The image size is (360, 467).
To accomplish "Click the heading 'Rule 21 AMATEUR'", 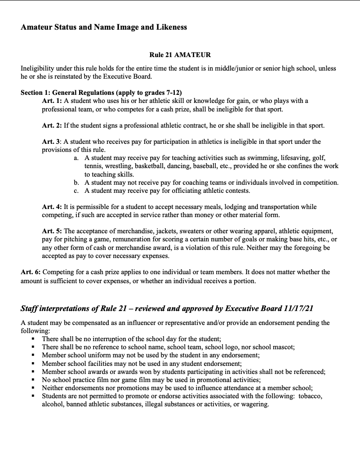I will pyautogui.click(x=180, y=55).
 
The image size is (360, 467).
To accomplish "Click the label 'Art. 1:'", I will pyautogui.click(x=53, y=101).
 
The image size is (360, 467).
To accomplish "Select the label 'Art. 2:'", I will pyautogui.click(x=53, y=125).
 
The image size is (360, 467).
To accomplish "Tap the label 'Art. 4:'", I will pyautogui.click(x=53, y=207).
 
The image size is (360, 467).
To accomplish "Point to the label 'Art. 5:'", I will pyautogui.click(x=53, y=231).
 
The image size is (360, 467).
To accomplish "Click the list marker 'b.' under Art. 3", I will pyautogui.click(x=77, y=182).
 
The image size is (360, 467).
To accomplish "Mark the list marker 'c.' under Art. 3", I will pyautogui.click(x=77, y=191).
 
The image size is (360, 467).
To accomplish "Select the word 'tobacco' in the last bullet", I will pyautogui.click(x=310, y=396).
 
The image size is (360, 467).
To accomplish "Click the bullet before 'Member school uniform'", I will pyautogui.click(x=34, y=355).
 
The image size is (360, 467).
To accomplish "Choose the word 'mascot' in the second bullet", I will pyautogui.click(x=283, y=347).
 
